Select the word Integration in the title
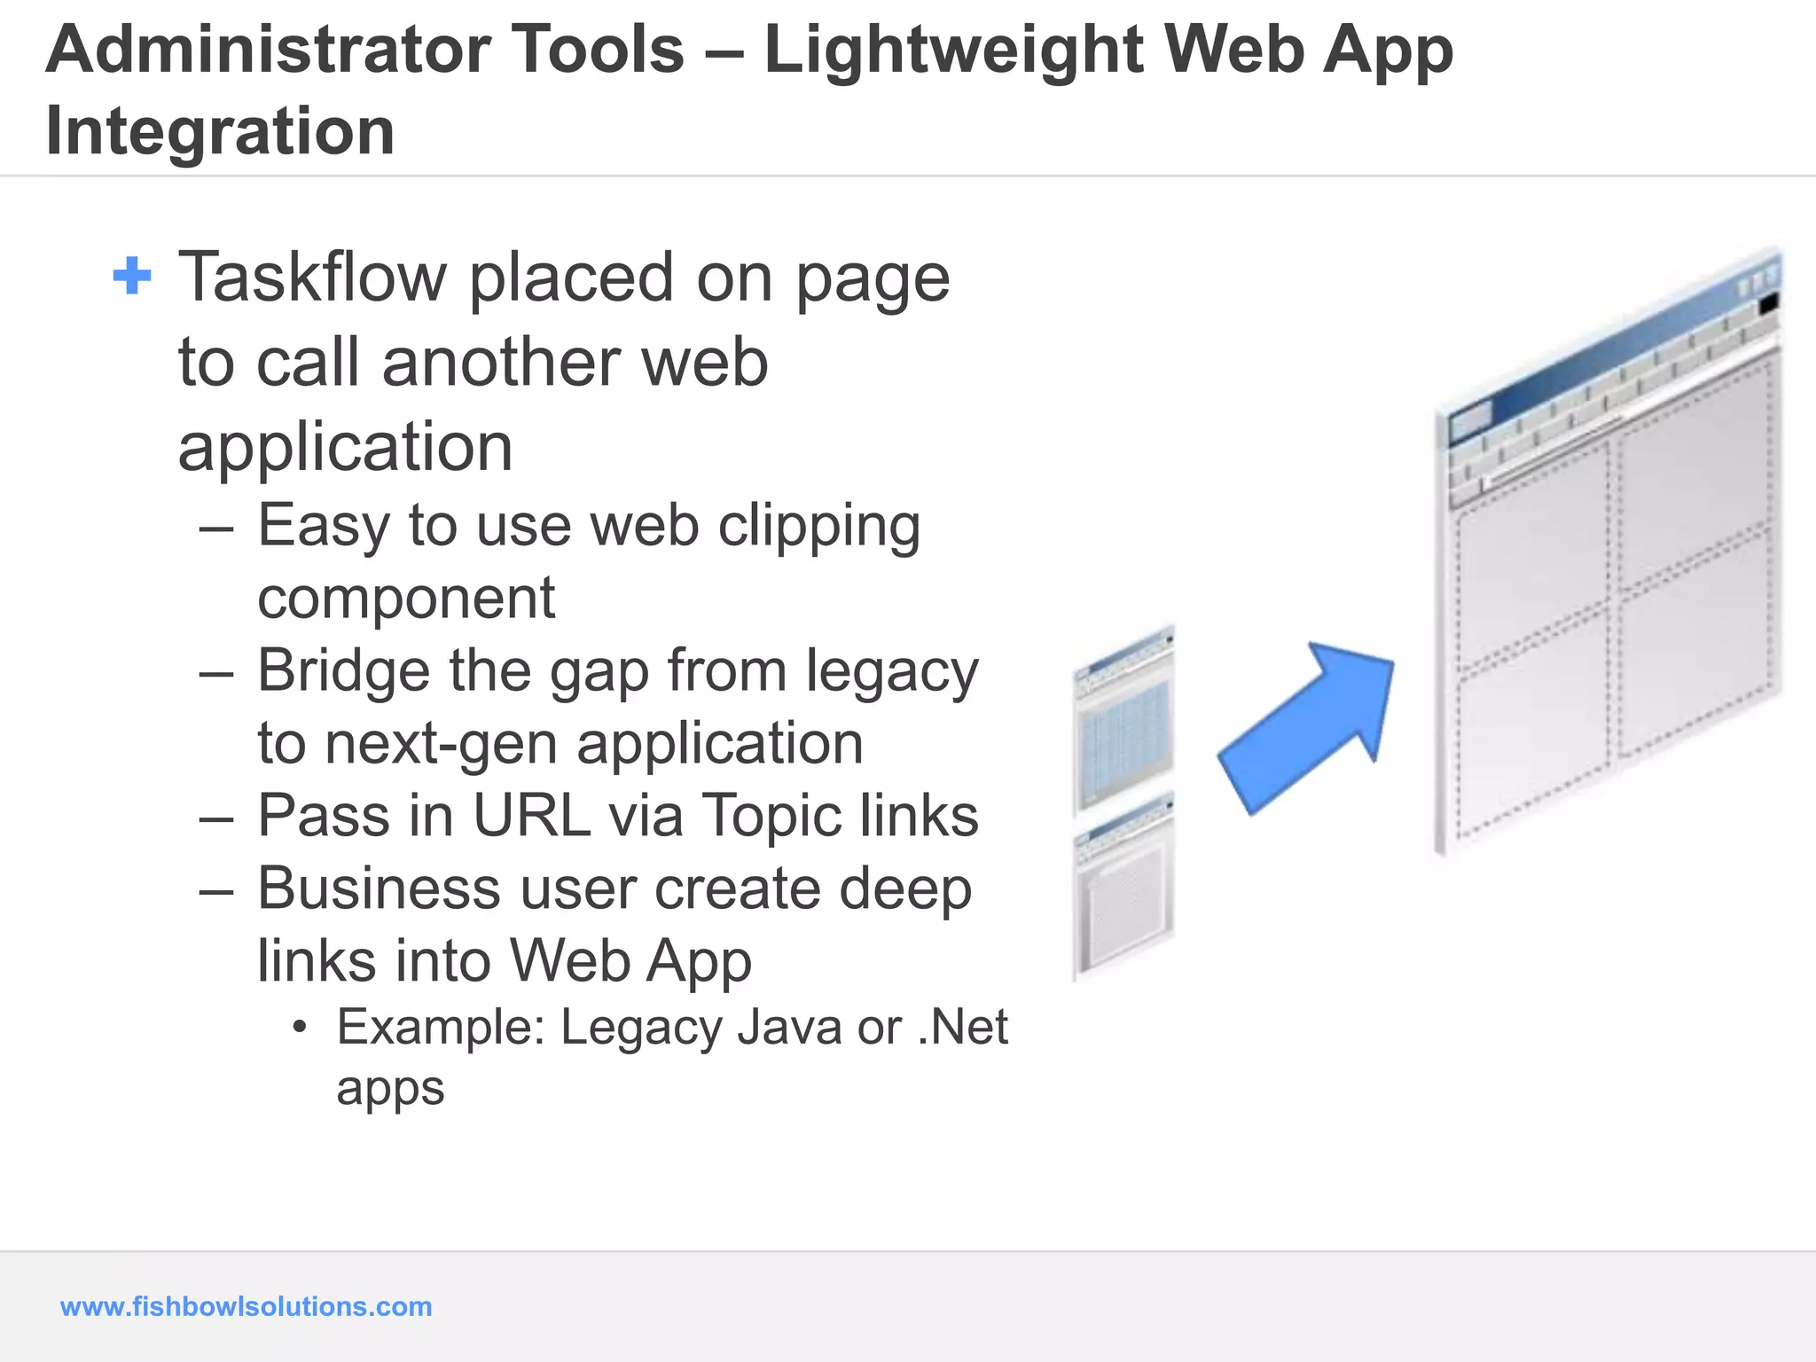tap(220, 131)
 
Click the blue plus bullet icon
tap(133, 276)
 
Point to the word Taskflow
tap(312, 278)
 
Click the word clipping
tap(818, 527)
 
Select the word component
tap(406, 599)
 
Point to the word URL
tap(532, 815)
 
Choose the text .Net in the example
tap(963, 1028)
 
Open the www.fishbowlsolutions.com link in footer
tap(246, 1306)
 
